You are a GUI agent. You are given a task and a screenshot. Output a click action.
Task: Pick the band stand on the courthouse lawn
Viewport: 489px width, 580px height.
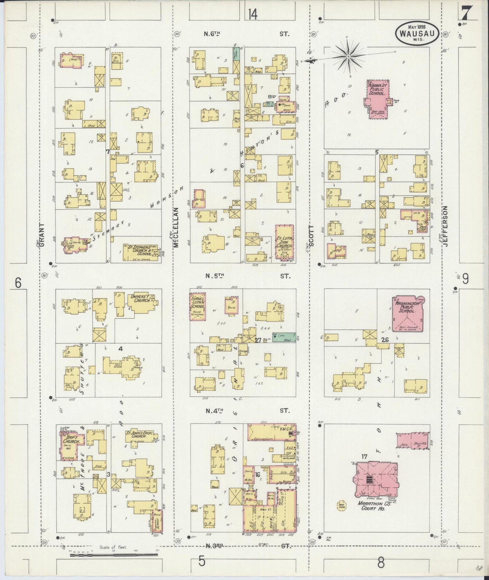click(x=342, y=506)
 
